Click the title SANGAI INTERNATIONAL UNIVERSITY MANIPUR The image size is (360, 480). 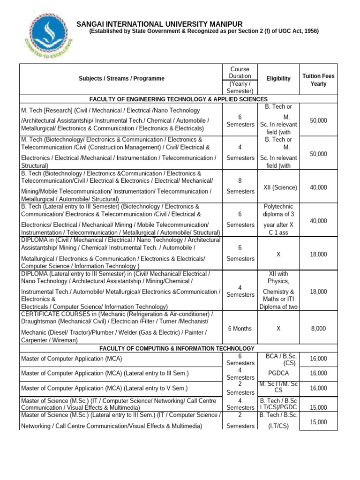[160, 24]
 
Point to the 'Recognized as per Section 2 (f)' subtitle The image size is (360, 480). [204, 31]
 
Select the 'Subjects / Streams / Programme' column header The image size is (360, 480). [121, 79]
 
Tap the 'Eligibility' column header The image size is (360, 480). [278, 79]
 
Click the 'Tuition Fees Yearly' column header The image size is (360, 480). [318, 80]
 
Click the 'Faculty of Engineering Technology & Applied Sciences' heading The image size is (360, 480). [179, 99]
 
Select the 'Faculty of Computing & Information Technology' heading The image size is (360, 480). [179, 348]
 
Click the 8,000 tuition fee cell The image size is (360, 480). [318, 329]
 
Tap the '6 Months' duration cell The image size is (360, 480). [240, 329]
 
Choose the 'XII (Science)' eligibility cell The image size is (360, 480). [278, 187]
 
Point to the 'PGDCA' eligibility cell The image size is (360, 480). [278, 374]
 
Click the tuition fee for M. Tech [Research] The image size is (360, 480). [318, 120]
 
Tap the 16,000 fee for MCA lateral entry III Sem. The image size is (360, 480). [318, 374]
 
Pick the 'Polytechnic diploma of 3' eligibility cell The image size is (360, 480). [278, 210]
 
